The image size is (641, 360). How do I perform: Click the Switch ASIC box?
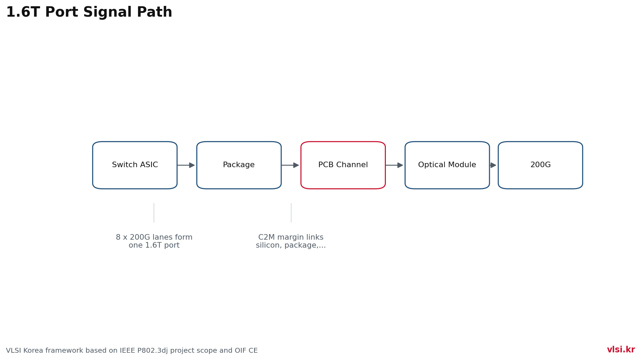pos(135,165)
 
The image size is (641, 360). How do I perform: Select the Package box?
pos(239,165)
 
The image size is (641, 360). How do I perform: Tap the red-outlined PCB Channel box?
pos(343,165)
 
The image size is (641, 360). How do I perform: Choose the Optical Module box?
pos(447,165)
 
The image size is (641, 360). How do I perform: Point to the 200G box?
pos(540,165)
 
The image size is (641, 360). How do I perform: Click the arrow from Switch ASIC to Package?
pos(186,165)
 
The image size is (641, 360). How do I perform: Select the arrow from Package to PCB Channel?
pos(290,165)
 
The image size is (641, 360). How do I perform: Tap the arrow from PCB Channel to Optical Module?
pos(394,165)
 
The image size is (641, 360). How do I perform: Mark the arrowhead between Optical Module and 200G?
pos(493,165)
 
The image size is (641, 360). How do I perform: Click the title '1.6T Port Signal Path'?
pos(89,12)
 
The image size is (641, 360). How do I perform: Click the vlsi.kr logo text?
pos(621,350)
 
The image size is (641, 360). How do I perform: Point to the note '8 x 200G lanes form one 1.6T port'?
pos(154,241)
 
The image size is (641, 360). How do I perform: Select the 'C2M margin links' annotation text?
pos(291,238)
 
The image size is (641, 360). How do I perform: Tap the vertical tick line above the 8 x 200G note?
pos(154,213)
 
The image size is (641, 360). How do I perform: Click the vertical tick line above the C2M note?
pos(291,213)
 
